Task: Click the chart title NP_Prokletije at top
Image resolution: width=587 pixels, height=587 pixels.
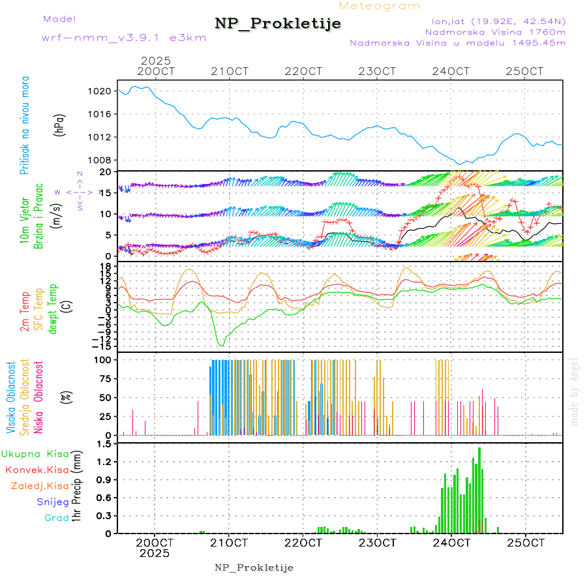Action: coord(278,24)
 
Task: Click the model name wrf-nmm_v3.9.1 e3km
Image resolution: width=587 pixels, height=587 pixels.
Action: coord(123,38)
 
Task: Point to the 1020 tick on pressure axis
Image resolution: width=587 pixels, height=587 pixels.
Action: coord(100,91)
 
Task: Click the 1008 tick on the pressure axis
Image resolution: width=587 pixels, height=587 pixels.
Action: coord(100,160)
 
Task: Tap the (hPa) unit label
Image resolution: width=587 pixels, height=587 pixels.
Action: coord(59,125)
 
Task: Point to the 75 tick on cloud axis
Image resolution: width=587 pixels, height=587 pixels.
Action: coord(103,378)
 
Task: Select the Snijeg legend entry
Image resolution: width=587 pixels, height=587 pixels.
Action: coord(53,502)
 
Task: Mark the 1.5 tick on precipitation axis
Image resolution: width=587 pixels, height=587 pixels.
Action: coord(102,444)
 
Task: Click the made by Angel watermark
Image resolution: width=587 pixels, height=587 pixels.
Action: coord(575,391)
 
